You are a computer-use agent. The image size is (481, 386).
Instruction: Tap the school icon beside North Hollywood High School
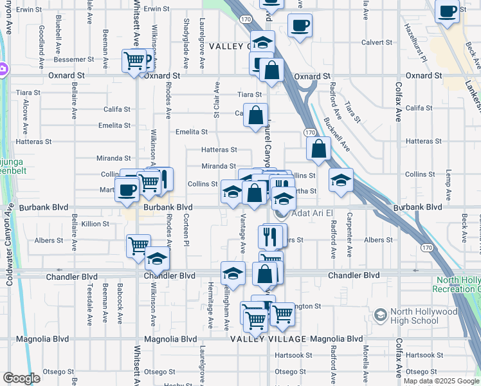click(x=381, y=314)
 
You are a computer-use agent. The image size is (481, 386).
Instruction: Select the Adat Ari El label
click(x=313, y=214)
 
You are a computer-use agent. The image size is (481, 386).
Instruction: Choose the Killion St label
click(x=95, y=224)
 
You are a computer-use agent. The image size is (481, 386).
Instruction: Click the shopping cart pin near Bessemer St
click(x=135, y=62)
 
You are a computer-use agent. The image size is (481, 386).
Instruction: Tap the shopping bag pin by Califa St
click(x=256, y=116)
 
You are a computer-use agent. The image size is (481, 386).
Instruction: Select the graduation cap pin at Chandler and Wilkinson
click(x=156, y=260)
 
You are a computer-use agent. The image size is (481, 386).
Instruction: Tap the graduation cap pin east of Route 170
click(x=342, y=179)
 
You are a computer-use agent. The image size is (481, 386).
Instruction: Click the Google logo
click(x=21, y=378)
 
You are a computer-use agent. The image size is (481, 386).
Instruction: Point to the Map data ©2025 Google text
click(x=440, y=381)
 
